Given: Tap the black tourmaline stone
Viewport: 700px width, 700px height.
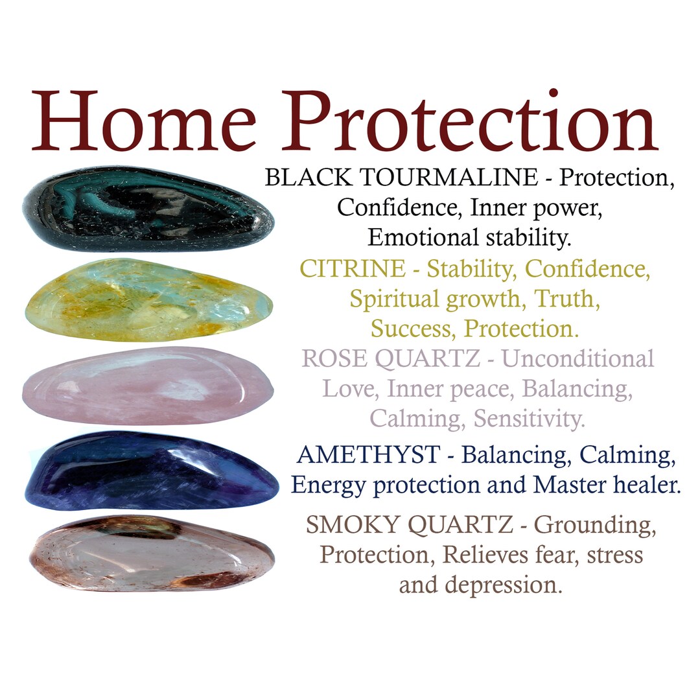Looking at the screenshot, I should pos(148,209).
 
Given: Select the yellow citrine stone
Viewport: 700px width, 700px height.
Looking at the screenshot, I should pos(148,300).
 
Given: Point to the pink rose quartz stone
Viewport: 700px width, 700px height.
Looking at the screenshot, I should pos(148,386).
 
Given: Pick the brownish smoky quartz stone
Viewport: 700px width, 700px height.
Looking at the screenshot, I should pos(150,553).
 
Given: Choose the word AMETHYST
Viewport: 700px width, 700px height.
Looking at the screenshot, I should pos(367,455).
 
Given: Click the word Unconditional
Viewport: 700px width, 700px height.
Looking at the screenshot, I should pos(578,358).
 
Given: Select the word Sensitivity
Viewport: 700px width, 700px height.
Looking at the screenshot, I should pos(529,419).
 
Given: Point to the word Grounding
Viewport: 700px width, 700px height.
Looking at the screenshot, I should pos(595,526).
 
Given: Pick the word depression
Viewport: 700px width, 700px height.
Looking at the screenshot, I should pos(503,585).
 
